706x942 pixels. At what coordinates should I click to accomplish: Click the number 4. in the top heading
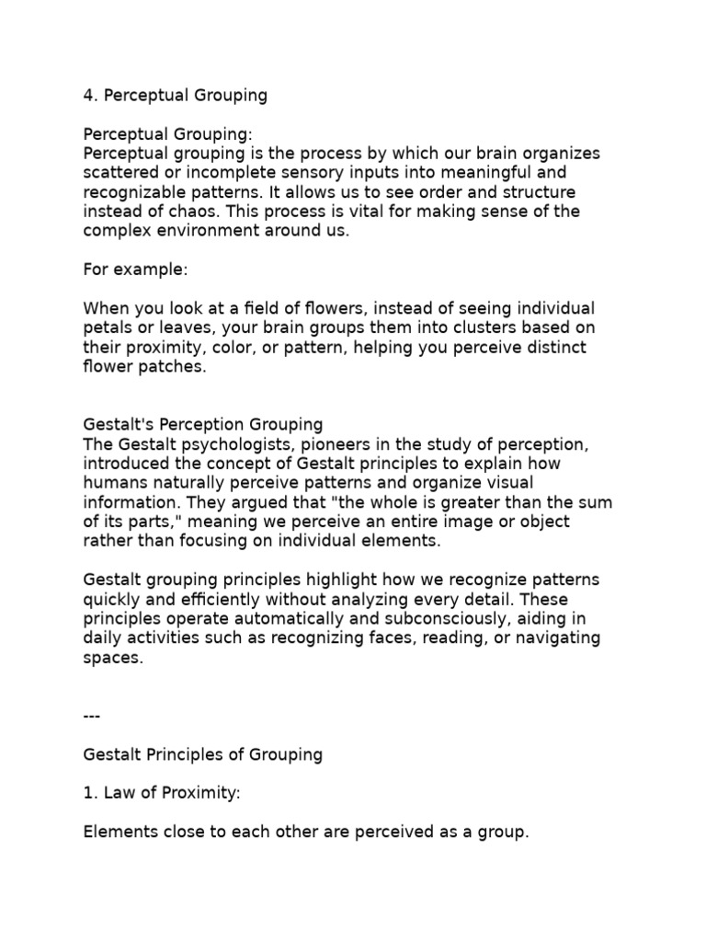90,95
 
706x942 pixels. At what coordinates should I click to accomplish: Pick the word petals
108,328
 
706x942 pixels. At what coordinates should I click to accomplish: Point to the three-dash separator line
91,715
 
